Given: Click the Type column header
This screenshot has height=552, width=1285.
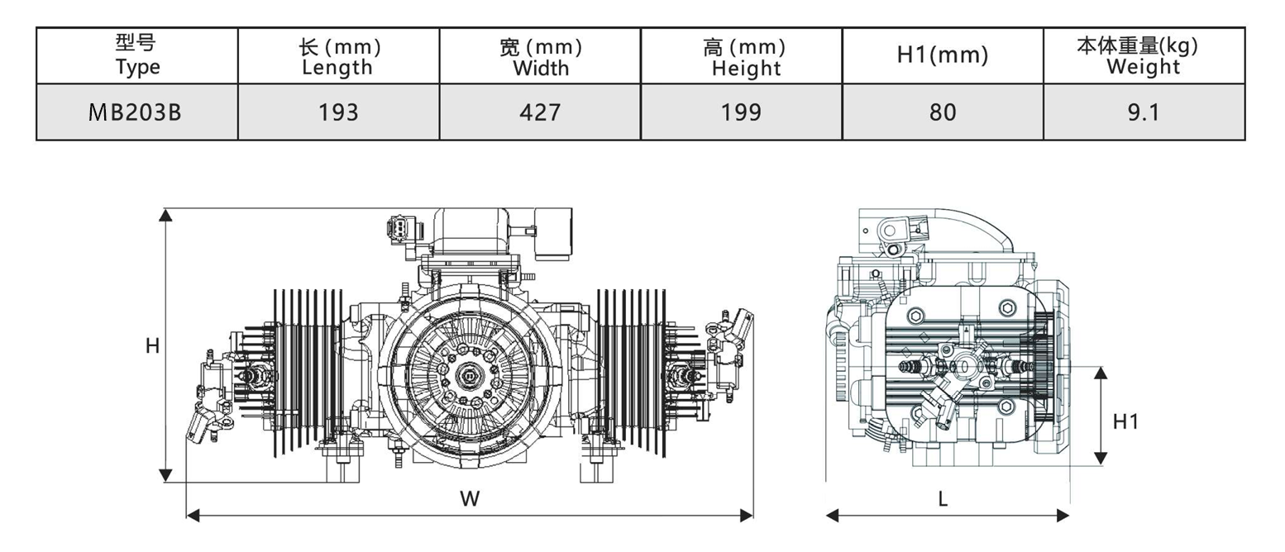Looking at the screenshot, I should tap(137, 56).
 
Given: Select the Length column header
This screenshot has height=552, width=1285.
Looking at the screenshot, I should tap(338, 56).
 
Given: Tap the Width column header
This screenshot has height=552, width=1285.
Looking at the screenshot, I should tap(540, 56).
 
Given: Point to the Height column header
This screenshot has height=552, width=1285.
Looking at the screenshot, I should tap(742, 56).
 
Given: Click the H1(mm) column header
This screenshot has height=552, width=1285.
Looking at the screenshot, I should tap(943, 56).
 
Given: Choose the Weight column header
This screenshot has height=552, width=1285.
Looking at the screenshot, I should tap(1144, 56).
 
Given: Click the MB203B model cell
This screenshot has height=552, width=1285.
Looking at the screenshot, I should tap(137, 112).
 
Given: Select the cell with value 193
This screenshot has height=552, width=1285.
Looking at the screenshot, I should tap(338, 112).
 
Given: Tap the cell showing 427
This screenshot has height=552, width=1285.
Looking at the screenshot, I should tap(540, 112).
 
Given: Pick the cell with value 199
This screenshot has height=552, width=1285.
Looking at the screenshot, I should tap(742, 112).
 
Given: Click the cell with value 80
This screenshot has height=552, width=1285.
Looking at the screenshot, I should tap(943, 112).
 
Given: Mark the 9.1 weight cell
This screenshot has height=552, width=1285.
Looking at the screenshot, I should tap(1144, 112).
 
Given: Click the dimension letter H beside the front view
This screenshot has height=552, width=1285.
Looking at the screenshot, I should tap(152, 346).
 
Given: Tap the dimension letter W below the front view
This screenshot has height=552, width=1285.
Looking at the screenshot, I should tap(470, 498).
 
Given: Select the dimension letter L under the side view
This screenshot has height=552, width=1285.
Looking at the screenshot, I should tap(943, 498).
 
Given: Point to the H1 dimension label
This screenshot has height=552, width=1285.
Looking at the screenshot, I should tap(1125, 421).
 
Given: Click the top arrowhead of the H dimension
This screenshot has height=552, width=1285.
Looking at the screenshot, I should tap(165, 216).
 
